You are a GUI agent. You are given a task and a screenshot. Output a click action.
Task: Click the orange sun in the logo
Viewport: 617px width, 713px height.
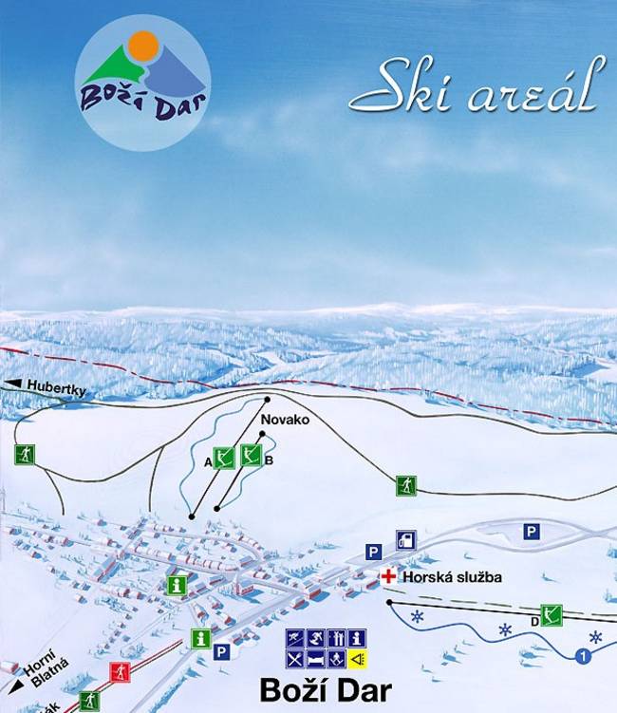pyautogui.click(x=142, y=45)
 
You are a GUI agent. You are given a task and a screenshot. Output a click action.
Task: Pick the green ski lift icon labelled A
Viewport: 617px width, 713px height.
pyautogui.click(x=224, y=459)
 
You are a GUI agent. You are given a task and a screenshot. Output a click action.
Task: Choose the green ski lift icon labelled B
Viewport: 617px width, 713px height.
pyautogui.click(x=252, y=455)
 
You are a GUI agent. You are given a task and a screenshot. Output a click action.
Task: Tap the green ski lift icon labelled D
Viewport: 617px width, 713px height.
pyautogui.click(x=552, y=614)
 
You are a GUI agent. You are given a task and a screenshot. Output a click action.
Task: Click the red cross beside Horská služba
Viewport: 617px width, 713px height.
pyautogui.click(x=388, y=576)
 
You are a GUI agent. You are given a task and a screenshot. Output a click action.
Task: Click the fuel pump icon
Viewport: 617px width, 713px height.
pyautogui.click(x=405, y=540)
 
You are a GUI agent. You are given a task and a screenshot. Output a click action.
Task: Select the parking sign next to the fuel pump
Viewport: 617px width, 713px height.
pyautogui.click(x=373, y=552)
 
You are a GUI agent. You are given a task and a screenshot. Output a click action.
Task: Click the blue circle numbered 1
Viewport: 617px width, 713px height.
pyautogui.click(x=582, y=654)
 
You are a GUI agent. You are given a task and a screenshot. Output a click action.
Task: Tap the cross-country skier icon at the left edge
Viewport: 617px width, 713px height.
pyautogui.click(x=24, y=455)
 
